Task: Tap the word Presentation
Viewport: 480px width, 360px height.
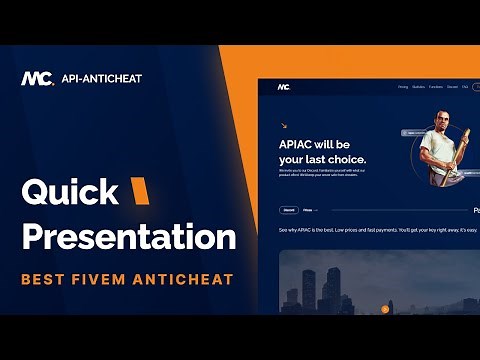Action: tap(129, 237)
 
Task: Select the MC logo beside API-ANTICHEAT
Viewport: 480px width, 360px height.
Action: tap(36, 78)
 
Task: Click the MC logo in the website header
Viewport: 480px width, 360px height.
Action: tap(285, 87)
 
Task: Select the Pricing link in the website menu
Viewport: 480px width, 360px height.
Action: tap(402, 87)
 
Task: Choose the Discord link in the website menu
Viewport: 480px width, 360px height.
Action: tap(452, 87)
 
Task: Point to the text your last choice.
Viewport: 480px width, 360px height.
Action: tap(322, 159)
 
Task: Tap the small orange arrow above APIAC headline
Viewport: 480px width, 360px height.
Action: tap(284, 126)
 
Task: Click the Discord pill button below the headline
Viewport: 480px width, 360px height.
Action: tap(288, 211)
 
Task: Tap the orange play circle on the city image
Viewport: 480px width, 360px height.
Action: tap(385, 309)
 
